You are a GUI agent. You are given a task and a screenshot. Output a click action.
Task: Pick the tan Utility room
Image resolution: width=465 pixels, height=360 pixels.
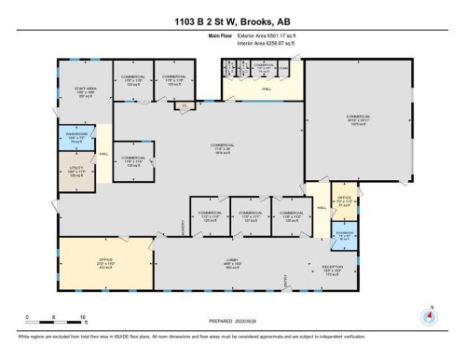[75, 173]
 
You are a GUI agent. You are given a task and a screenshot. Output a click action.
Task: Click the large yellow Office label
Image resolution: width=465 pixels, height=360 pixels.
[105, 263]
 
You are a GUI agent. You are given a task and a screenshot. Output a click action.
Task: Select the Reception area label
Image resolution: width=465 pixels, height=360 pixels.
[334, 270]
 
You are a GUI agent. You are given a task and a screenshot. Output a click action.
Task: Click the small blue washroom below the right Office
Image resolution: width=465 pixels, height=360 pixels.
[343, 235]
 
